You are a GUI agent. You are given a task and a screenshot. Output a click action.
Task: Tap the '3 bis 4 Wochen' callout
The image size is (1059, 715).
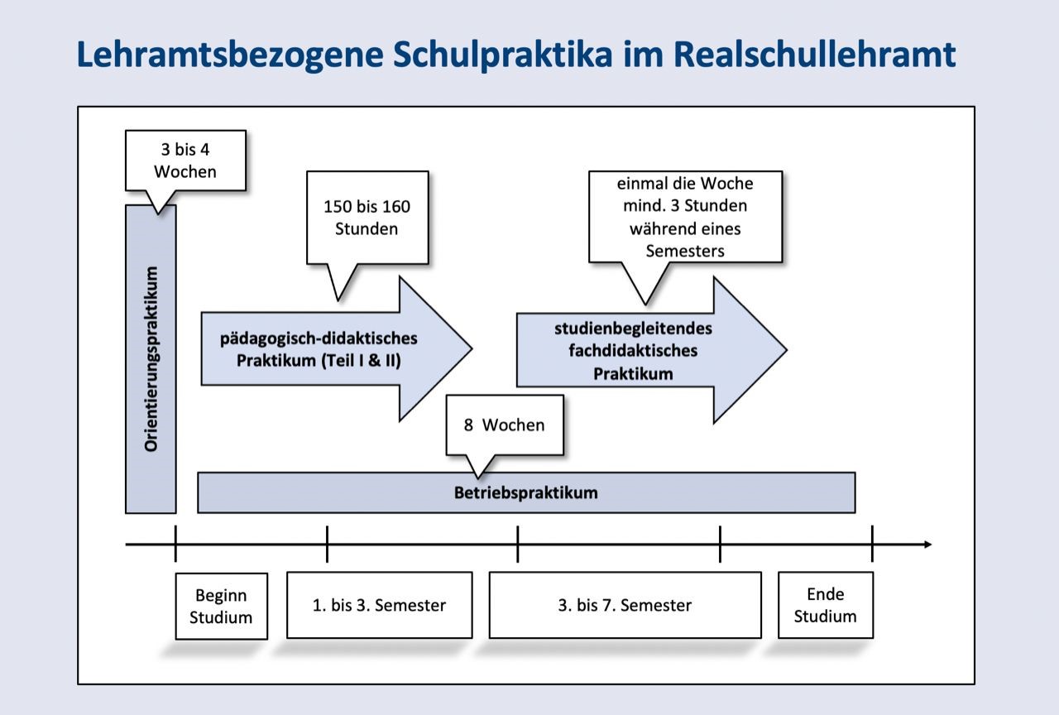coord(185,161)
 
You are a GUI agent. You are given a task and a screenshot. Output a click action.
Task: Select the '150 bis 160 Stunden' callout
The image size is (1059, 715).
coord(367,217)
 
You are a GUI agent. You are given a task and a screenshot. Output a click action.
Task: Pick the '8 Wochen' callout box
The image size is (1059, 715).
coord(504,425)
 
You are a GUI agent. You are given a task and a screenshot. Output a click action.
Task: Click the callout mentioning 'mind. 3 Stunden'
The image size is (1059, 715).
coord(684,216)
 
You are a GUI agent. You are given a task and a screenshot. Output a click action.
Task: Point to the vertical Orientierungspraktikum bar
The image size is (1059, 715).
coord(151,358)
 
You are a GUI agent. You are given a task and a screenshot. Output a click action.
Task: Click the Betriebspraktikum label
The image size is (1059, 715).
coord(525,492)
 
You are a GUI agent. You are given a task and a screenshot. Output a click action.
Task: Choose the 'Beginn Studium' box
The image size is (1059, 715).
coord(221,606)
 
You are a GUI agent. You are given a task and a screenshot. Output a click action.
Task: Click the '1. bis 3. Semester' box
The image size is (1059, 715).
coord(379,605)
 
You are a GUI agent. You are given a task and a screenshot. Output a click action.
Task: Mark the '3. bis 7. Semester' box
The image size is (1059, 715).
coord(625,605)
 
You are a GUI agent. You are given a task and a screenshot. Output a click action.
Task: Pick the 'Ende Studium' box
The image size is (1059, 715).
coord(825,605)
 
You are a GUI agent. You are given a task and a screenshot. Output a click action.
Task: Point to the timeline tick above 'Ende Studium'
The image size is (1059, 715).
coord(872,544)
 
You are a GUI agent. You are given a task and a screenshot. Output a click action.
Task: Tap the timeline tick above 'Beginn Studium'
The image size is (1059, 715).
coord(175,544)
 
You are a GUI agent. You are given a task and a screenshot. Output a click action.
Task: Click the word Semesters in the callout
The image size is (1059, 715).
coord(684,250)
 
